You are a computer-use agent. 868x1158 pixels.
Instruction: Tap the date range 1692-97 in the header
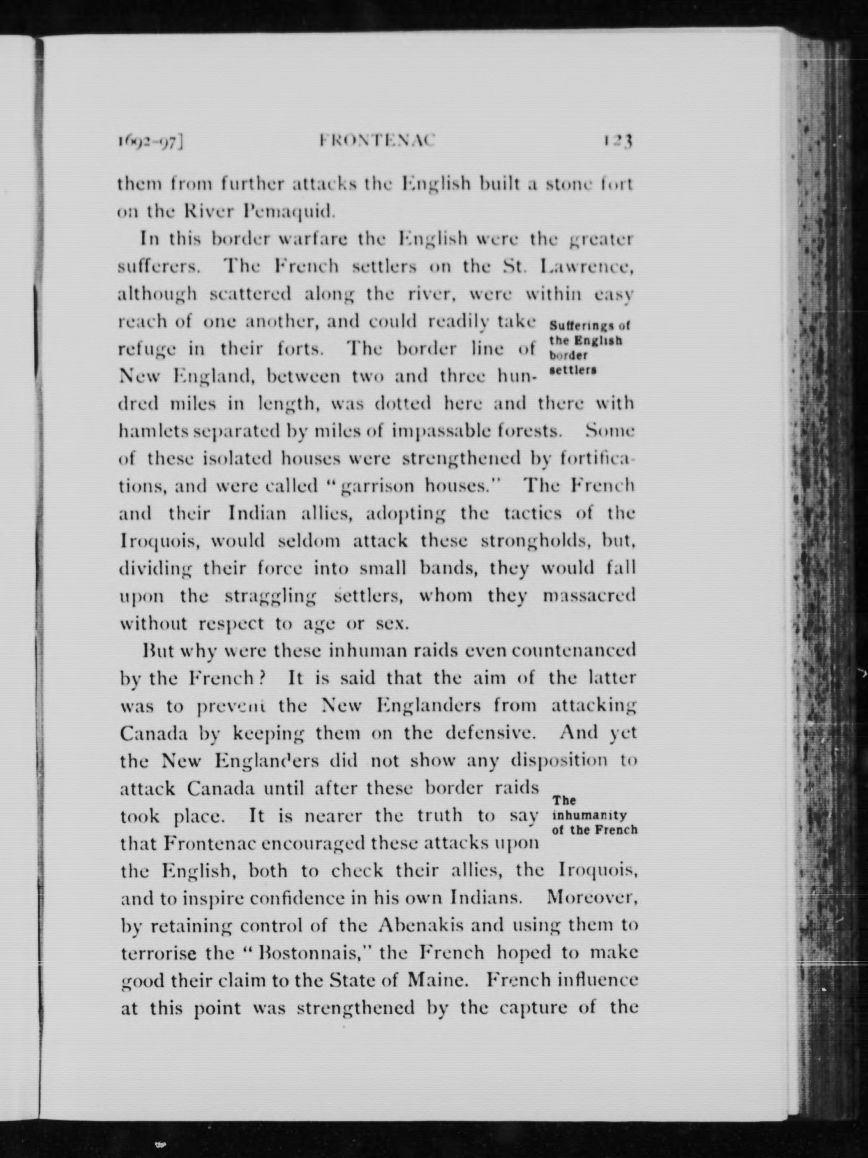click(x=151, y=142)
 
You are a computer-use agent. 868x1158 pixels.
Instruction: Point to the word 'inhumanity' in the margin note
click(x=589, y=815)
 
